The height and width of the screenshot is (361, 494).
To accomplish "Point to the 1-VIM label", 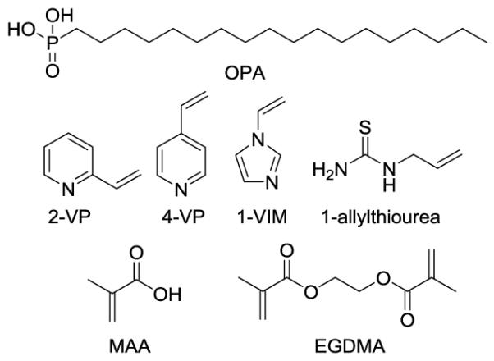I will pyautogui.click(x=266, y=222).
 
